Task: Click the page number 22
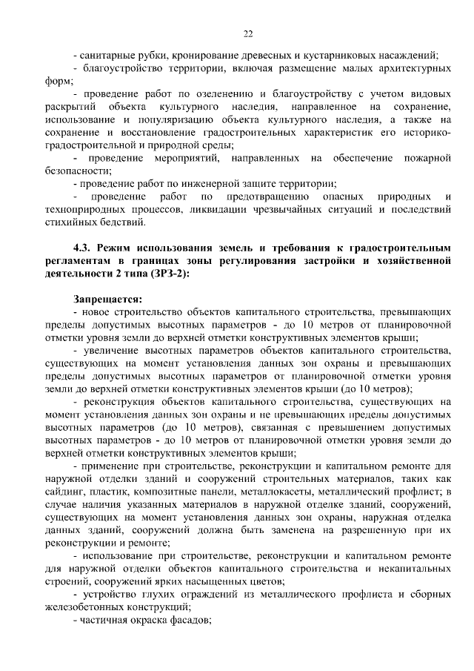[x=248, y=33]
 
